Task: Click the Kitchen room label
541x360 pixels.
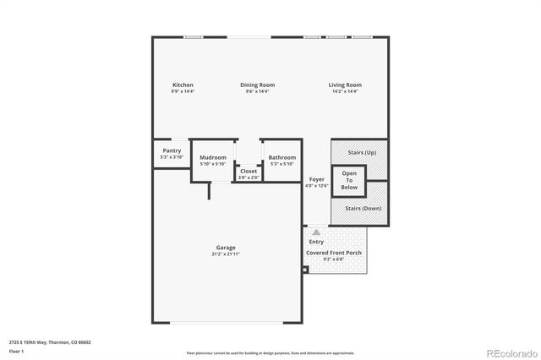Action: (x=183, y=85)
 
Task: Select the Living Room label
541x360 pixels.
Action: (x=345, y=85)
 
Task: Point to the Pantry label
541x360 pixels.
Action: (x=171, y=150)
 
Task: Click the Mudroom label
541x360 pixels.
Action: (x=212, y=157)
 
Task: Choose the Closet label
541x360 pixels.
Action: (x=249, y=171)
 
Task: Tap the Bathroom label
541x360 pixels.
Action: (x=281, y=157)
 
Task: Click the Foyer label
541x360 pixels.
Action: (x=316, y=179)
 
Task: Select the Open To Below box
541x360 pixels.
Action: (x=349, y=180)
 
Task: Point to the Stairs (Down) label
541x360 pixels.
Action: (x=361, y=207)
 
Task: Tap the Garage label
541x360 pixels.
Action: (x=225, y=248)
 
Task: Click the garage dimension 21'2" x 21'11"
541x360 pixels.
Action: (x=225, y=254)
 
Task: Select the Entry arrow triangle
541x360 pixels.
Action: (x=316, y=231)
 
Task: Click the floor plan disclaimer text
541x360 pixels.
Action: (x=270, y=352)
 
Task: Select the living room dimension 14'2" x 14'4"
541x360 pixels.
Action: (x=345, y=91)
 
